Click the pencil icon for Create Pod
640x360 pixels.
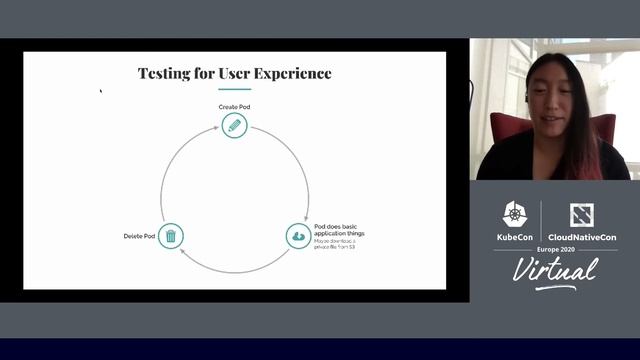(x=233, y=126)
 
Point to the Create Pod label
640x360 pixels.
(x=233, y=106)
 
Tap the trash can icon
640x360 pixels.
(x=171, y=236)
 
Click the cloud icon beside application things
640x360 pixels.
(x=298, y=236)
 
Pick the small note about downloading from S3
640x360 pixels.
(x=341, y=245)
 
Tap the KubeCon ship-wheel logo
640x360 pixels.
(x=514, y=213)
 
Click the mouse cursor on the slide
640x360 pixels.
(x=100, y=91)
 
